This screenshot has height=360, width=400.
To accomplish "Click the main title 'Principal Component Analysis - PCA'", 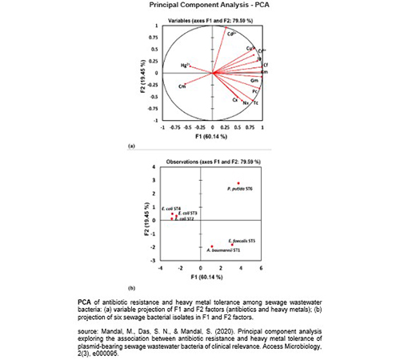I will [199, 5].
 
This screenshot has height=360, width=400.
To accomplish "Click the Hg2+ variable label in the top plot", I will [183, 65].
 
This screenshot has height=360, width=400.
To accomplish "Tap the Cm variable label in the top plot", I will [182, 86].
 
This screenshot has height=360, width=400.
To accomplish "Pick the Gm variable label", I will [254, 82].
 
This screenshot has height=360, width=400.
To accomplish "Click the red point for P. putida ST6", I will [238, 183].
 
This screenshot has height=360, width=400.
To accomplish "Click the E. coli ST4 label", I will [170, 209].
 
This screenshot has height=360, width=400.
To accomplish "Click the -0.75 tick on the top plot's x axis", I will [176, 126].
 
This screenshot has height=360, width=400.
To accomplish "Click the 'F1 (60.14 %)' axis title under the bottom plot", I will [212, 279].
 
